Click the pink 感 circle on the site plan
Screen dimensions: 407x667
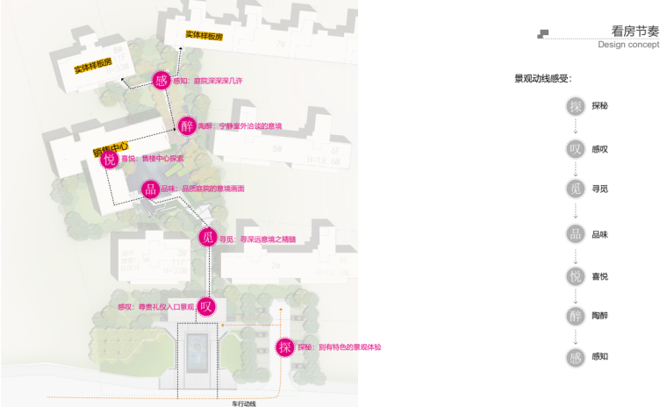[161, 81]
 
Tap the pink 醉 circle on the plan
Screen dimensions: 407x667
[187, 126]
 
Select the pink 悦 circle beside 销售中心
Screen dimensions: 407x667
[109, 159]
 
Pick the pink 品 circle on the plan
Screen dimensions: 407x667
[150, 189]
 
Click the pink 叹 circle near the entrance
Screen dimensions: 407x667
[206, 306]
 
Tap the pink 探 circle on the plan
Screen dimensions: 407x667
[284, 346]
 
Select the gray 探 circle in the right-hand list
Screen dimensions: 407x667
[576, 105]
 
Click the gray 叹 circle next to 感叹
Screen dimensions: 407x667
[576, 148]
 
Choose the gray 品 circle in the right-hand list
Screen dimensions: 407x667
[576, 233]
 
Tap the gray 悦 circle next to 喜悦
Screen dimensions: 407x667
[576, 275]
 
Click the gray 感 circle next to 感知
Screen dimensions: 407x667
[576, 356]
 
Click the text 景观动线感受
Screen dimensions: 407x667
[543, 78]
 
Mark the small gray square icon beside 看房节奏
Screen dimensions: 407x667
[543, 33]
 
